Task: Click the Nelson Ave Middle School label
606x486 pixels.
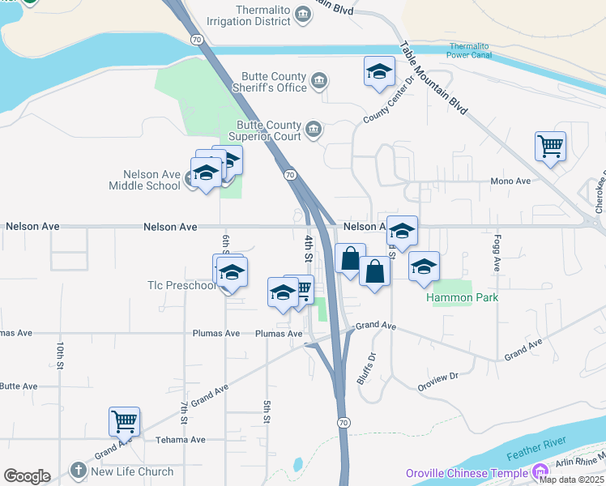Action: click(145, 180)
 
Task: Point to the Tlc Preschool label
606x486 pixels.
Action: click(181, 285)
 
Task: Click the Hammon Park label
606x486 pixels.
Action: click(463, 297)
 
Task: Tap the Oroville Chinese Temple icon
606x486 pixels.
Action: click(540, 471)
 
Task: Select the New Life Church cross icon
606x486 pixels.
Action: click(78, 471)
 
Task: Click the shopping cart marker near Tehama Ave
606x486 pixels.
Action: click(125, 421)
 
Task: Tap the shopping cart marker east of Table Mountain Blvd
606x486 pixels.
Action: click(550, 147)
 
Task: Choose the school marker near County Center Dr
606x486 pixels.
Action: click(379, 71)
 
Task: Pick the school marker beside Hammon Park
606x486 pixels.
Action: click(424, 266)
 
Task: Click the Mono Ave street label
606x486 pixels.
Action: click(510, 181)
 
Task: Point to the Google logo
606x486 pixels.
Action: click(27, 476)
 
